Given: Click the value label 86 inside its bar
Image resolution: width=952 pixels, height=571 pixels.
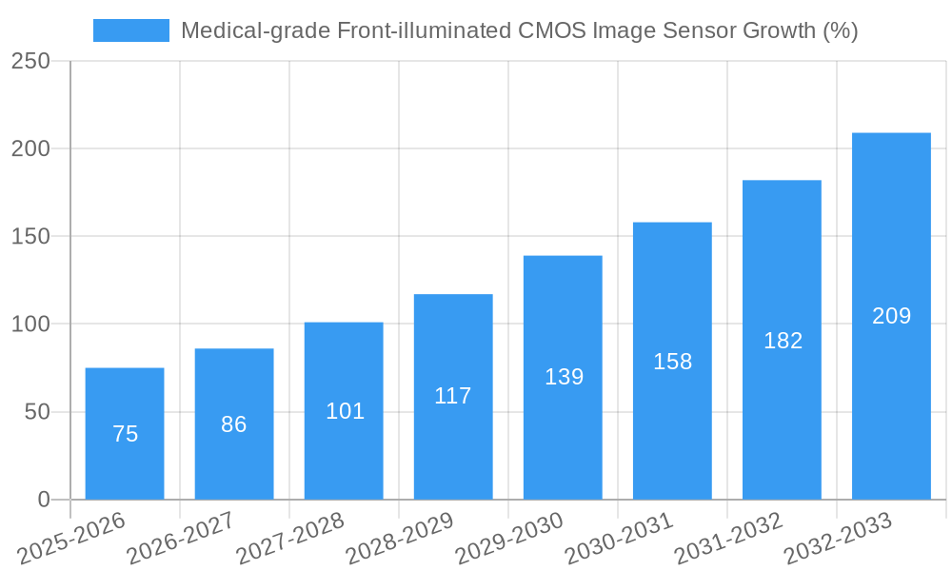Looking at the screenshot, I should tap(234, 424).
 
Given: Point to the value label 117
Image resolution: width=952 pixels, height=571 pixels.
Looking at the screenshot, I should tap(453, 396).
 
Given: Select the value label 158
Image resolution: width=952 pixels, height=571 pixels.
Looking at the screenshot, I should tap(672, 362).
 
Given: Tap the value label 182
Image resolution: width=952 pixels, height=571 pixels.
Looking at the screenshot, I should tap(783, 341).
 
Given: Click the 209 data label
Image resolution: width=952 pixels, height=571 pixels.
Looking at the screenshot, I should tap(891, 316).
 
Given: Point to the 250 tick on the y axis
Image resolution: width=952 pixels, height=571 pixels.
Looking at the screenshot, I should tap(30, 61).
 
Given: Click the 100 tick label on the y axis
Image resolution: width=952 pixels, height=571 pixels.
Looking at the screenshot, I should tap(30, 325).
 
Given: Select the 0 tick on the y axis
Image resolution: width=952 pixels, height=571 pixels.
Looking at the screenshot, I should tap(44, 500).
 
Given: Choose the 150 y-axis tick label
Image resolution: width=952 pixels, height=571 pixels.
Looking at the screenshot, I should tap(30, 237).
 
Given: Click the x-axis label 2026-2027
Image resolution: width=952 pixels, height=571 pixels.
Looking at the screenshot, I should tap(181, 536).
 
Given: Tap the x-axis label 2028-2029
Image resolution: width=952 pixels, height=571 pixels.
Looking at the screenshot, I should tap(400, 536).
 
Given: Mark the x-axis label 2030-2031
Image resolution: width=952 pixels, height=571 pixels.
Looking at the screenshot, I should tap(619, 536).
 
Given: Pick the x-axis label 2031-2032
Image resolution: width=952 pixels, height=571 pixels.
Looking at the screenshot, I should tap(728, 536).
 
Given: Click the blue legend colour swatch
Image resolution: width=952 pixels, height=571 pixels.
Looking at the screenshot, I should tap(131, 30).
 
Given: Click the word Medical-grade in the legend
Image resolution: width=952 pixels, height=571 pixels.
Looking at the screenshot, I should tap(241, 30).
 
